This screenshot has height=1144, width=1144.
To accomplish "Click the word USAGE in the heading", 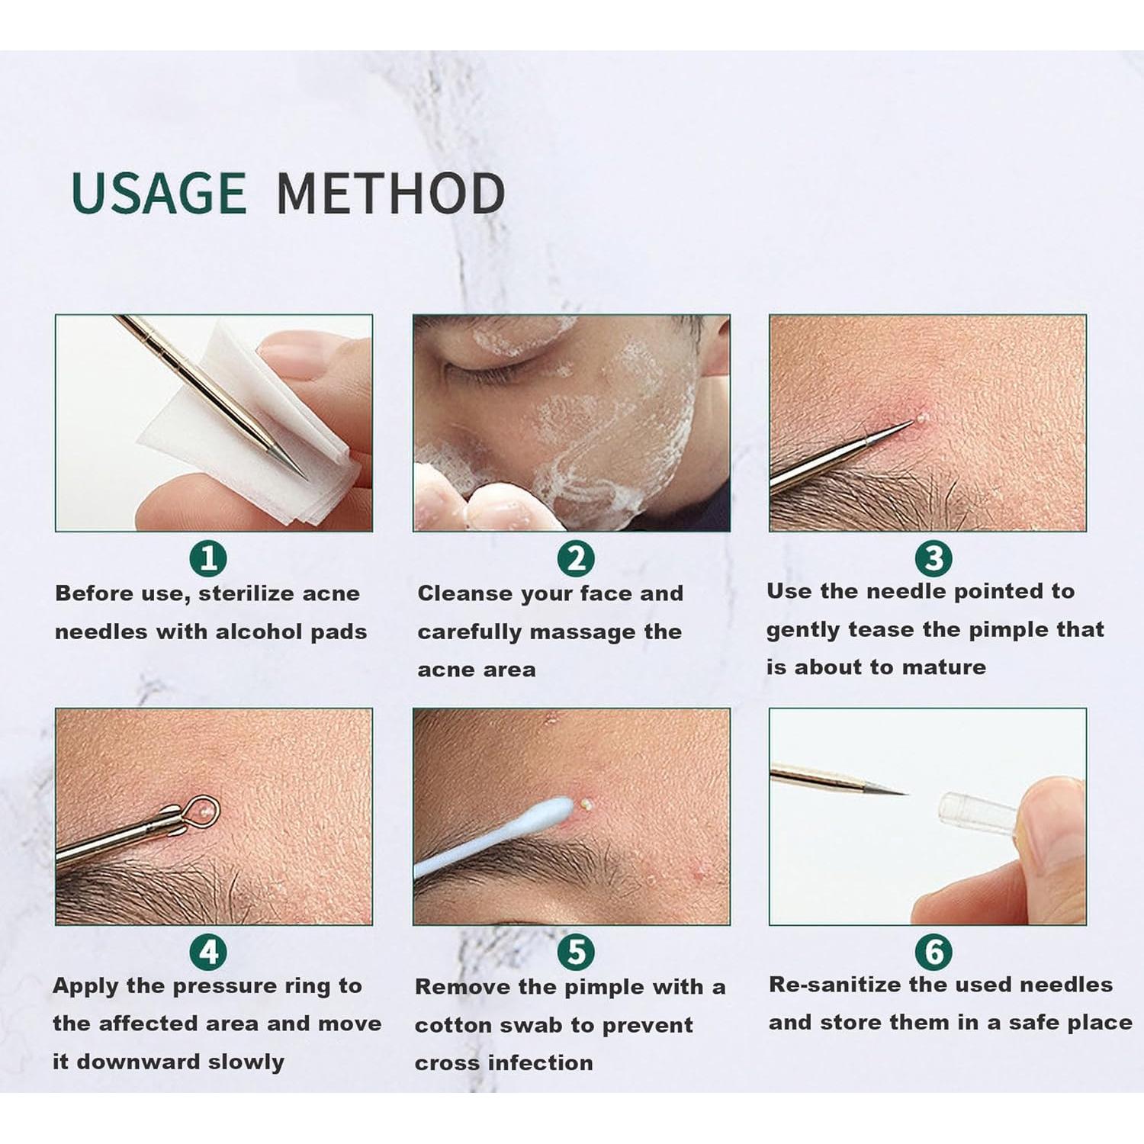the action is pyautogui.click(x=159, y=192).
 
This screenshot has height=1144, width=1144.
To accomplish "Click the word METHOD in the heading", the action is pyautogui.click(x=390, y=192).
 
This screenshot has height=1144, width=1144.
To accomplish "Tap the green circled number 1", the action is pyautogui.click(x=208, y=559).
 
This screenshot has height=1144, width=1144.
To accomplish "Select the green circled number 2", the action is pyautogui.click(x=576, y=559).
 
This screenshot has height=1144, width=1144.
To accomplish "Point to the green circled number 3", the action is pyautogui.click(x=934, y=559).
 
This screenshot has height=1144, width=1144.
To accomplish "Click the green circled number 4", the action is pyautogui.click(x=208, y=952).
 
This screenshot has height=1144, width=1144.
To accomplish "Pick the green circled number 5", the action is pyautogui.click(x=576, y=952).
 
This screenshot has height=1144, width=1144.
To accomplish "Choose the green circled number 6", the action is pyautogui.click(x=934, y=952).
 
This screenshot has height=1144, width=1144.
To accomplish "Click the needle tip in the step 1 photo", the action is pyautogui.click(x=307, y=480).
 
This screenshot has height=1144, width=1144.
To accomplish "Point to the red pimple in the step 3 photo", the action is pyautogui.click(x=919, y=419).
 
